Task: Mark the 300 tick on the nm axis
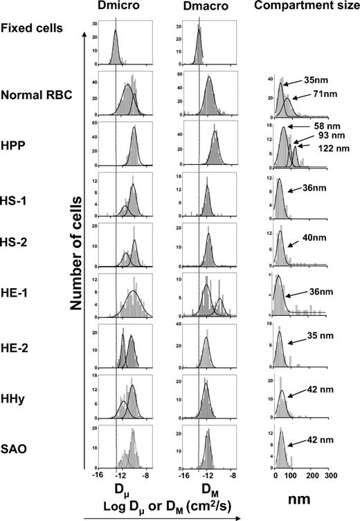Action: pos(331,477)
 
